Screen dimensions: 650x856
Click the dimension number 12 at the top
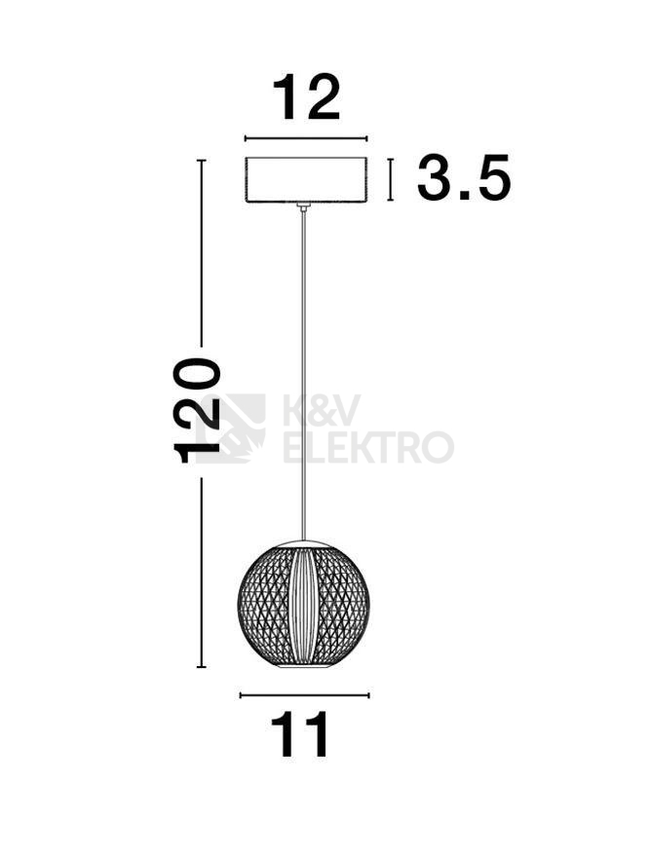[306, 97]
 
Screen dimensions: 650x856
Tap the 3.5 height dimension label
[464, 177]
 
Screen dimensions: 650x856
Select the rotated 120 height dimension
[197, 411]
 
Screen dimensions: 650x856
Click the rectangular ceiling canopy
[305, 180]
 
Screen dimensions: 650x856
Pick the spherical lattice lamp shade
[304, 604]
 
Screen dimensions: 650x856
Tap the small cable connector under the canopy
[304, 205]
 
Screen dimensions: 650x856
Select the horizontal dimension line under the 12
[305, 138]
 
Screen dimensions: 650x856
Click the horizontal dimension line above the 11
[304, 695]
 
